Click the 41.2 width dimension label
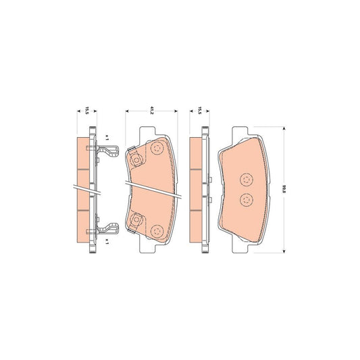coord(151,112)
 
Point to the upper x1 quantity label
coord(106,138)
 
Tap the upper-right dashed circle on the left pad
coord(158,150)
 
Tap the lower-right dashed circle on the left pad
coord(158,231)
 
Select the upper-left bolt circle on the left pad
coord(136,161)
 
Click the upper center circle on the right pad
coord(246,179)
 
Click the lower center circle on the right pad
coord(246,200)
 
